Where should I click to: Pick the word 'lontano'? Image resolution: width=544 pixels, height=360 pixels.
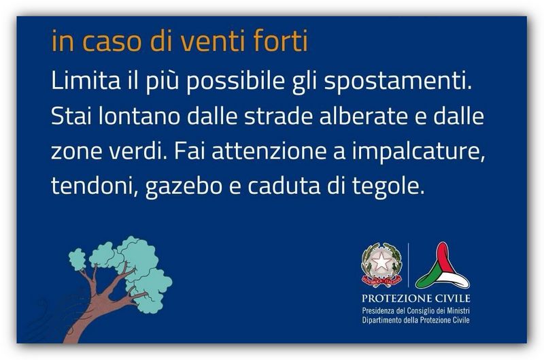139,116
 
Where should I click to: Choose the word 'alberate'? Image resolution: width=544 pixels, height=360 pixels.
363,116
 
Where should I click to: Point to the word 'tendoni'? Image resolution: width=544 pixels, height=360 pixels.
92,186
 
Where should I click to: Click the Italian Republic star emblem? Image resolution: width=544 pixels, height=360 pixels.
381,265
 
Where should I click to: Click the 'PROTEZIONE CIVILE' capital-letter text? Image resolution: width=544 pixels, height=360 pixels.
415,298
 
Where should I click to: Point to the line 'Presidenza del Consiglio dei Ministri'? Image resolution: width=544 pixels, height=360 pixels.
415,310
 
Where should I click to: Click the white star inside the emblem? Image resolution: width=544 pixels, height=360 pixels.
381,261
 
